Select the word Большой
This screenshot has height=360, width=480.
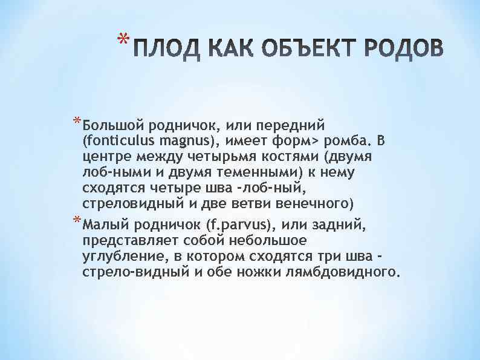coord(111,125)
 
